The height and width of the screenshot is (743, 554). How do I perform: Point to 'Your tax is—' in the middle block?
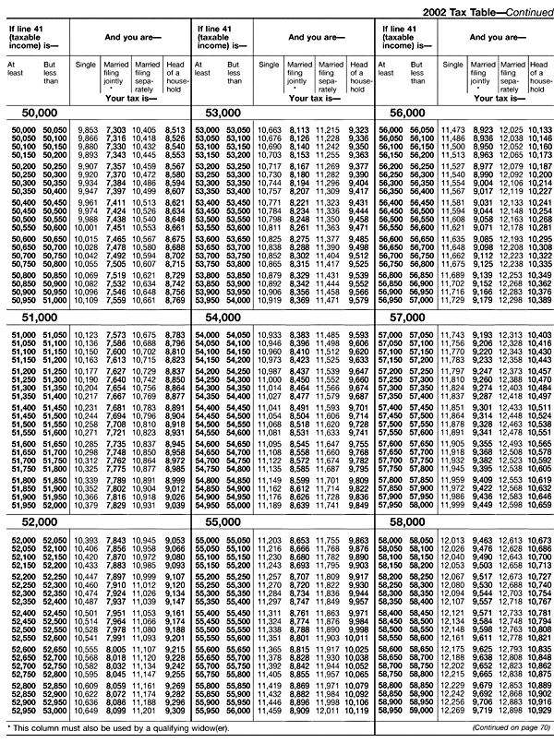[317, 95]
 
